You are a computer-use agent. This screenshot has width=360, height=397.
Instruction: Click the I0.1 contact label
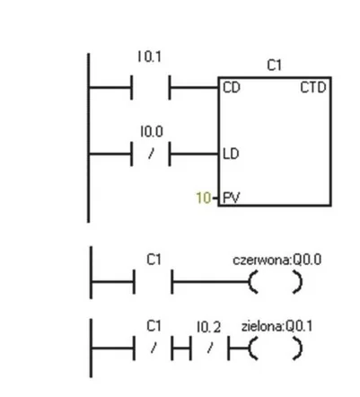tap(150, 57)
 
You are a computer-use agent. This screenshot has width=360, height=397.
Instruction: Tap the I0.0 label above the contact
tap(152, 131)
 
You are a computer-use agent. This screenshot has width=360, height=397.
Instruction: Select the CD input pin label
tap(232, 88)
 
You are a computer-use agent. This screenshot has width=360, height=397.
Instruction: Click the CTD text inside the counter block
tap(313, 88)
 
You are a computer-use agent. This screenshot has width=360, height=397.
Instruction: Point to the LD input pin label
tap(231, 154)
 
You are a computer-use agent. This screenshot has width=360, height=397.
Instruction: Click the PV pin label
tap(232, 198)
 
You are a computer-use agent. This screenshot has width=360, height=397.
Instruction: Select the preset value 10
tap(203, 198)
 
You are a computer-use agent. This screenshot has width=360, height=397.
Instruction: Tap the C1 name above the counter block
tap(274, 65)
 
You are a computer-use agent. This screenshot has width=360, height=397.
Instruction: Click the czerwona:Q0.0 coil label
tap(277, 260)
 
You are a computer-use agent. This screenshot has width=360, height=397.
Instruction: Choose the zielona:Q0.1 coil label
tap(277, 326)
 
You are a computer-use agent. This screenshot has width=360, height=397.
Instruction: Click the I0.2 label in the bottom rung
tap(209, 327)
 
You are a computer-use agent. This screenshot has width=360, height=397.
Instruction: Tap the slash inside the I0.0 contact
tap(151, 154)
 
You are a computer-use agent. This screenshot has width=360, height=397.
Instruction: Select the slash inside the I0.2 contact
tap(210, 348)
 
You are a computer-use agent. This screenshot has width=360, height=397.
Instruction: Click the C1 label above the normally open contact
tap(154, 260)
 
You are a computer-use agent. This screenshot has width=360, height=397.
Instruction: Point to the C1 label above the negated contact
tap(154, 326)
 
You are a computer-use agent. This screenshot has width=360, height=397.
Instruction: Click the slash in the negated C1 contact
tap(154, 348)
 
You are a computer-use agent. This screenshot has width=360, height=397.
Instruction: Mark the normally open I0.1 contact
tap(151, 87)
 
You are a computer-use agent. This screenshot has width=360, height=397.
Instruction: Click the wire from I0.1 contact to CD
tap(195, 88)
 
